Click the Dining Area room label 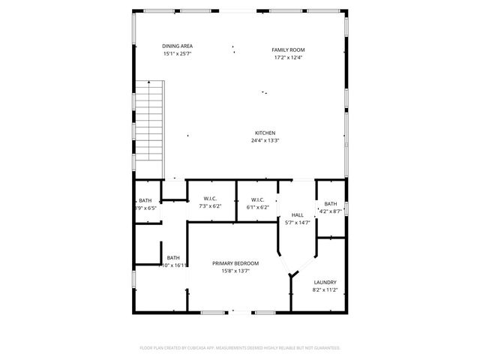(x=177, y=46)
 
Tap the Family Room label (x=288, y=49)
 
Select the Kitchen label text (x=265, y=133)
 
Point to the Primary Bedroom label (x=235, y=263)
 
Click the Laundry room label (x=325, y=282)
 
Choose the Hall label (x=297, y=214)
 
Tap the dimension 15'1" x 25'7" (x=177, y=54)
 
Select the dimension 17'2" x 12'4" (x=288, y=58)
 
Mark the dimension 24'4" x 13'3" (x=265, y=140)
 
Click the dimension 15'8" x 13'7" (x=235, y=271)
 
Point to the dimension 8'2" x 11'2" (x=325, y=290)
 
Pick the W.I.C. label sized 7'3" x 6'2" (x=209, y=199)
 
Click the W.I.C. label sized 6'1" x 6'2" (x=257, y=199)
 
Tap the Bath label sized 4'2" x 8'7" (x=330, y=204)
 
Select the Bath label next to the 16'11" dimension (x=173, y=257)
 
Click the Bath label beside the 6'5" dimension (x=145, y=200)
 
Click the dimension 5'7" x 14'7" (x=297, y=223)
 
